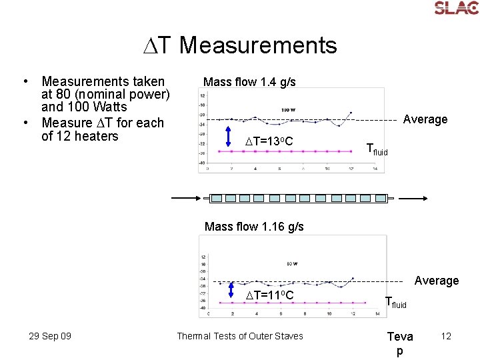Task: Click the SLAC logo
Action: coord(456,9)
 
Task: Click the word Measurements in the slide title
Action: coord(258,45)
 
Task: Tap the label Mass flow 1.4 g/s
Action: coord(249,82)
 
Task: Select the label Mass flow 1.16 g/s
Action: coord(254,227)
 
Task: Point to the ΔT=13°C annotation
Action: coord(269,141)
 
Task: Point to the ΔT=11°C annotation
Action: coord(269,295)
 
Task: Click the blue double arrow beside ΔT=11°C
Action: coord(231,292)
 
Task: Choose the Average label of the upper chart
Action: coord(425,119)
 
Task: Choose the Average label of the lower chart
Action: coord(437,281)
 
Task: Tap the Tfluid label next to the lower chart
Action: coord(396,303)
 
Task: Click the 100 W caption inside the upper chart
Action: coord(288,109)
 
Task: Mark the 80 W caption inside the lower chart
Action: coord(291,263)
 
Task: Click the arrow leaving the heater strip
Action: coord(411,198)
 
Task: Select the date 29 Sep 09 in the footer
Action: coord(50,336)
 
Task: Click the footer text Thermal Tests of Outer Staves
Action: coord(239,336)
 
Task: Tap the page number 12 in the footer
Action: coord(445,336)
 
